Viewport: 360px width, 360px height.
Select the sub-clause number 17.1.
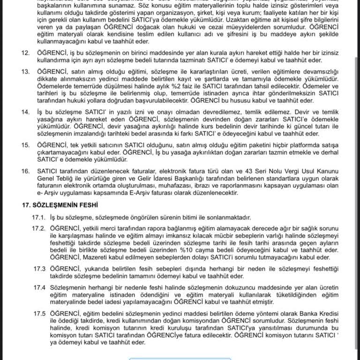tap(39, 217)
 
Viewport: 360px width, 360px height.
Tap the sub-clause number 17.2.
tap(39, 228)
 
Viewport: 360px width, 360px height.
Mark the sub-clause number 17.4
tap(39, 286)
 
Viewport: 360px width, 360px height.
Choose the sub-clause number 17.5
tap(39, 313)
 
